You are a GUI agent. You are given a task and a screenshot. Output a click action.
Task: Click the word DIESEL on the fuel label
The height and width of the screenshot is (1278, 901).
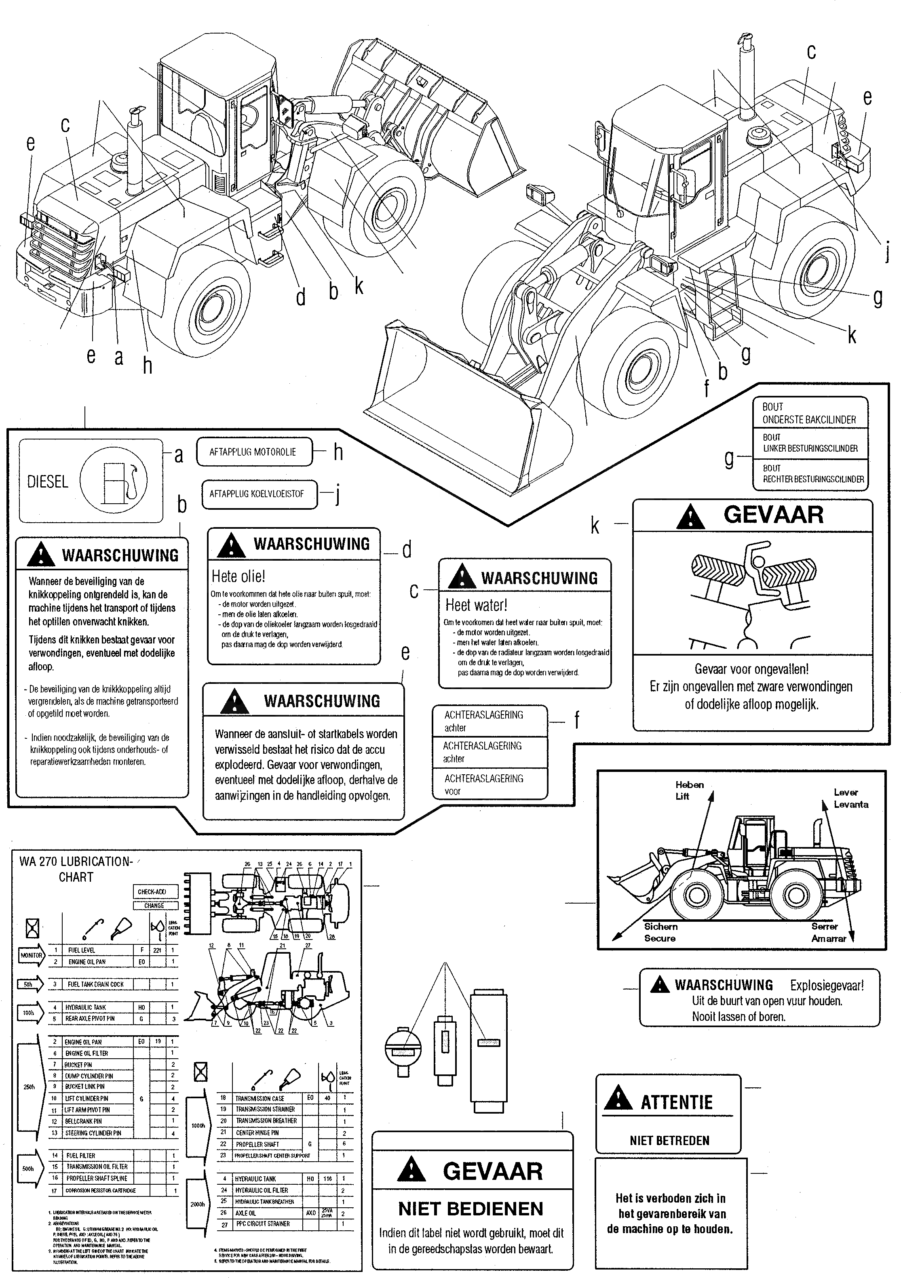coord(47,481)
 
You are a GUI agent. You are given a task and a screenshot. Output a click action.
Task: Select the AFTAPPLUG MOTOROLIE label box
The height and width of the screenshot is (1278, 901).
coord(253,452)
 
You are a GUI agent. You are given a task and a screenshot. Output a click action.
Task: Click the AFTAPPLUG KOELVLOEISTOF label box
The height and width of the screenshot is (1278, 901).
coord(257,494)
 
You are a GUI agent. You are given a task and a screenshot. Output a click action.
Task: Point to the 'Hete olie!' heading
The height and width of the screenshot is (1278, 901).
coord(238,576)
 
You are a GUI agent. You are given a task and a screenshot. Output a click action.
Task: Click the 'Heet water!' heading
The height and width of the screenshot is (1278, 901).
coord(476,605)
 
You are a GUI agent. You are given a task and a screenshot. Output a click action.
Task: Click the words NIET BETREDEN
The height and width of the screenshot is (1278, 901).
coord(669,1141)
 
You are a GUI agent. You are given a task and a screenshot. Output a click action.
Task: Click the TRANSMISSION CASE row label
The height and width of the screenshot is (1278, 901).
coord(260,1098)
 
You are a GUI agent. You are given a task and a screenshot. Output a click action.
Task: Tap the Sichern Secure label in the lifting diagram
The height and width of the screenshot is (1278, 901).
coord(660,932)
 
